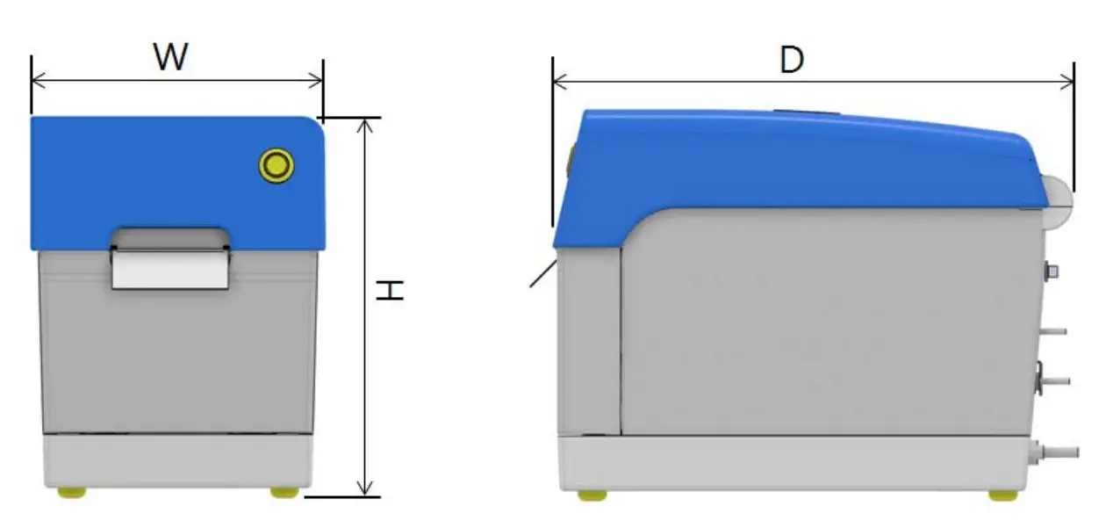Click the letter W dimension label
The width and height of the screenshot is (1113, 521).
click(171, 58)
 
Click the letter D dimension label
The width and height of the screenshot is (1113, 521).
click(792, 60)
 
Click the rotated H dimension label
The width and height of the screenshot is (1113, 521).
click(390, 291)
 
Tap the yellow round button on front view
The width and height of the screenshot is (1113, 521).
click(276, 165)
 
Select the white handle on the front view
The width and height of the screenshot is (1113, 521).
click(170, 268)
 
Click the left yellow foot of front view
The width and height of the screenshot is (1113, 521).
click(72, 492)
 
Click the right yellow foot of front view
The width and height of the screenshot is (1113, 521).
click(284, 492)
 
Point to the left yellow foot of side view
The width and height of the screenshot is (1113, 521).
click(592, 495)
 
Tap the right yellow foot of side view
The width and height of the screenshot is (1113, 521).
click(1002, 495)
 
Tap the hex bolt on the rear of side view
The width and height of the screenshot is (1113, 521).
click(1051, 270)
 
